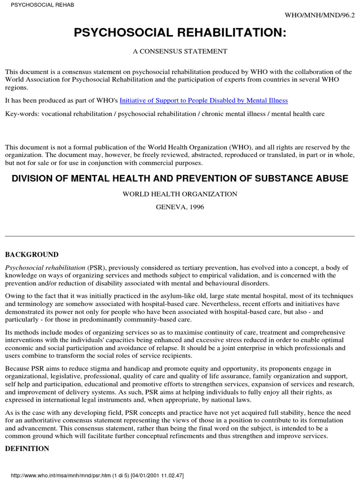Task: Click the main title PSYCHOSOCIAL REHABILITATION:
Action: click(x=180, y=33)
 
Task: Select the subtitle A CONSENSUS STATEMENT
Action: click(x=180, y=52)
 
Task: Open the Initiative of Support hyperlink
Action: click(x=204, y=100)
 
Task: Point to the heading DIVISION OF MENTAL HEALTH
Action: click(x=180, y=179)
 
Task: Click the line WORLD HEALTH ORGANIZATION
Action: click(x=180, y=194)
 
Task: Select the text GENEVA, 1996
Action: click(x=180, y=207)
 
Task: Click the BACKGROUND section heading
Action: click(x=32, y=255)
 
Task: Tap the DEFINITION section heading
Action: click(x=27, y=449)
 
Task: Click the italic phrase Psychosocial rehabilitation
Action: click(x=45, y=268)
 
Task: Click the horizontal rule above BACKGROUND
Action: click(x=180, y=236)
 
